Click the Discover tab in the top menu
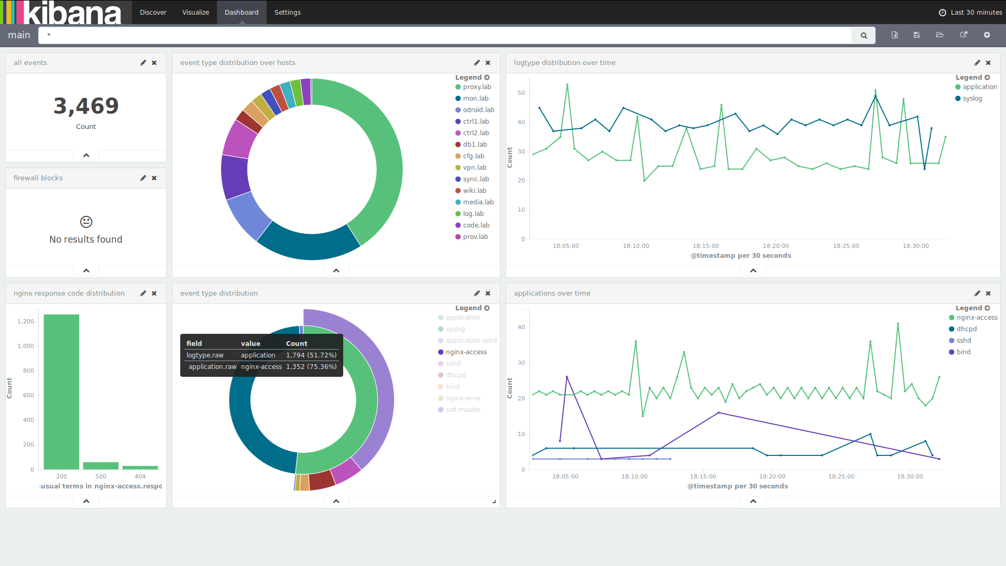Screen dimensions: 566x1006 153,12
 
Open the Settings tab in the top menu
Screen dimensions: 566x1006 287,12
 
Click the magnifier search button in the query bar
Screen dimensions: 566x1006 863,36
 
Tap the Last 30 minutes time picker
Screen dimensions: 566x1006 970,12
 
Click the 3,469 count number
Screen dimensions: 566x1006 86,106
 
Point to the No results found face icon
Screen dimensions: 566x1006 86,222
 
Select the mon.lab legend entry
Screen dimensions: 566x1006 475,99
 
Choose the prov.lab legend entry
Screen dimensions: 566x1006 475,237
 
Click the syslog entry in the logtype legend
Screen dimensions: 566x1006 972,99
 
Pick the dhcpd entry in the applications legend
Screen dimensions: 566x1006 966,329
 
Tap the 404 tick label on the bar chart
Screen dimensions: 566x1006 140,476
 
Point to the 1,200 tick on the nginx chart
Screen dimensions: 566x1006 25,321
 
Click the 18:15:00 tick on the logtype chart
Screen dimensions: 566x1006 705,246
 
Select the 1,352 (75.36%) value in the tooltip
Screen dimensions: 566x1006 311,367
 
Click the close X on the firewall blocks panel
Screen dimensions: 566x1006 154,178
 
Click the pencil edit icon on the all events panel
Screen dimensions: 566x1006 143,63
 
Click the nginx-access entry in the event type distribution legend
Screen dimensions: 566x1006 466,352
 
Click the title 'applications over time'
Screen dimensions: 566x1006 552,293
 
